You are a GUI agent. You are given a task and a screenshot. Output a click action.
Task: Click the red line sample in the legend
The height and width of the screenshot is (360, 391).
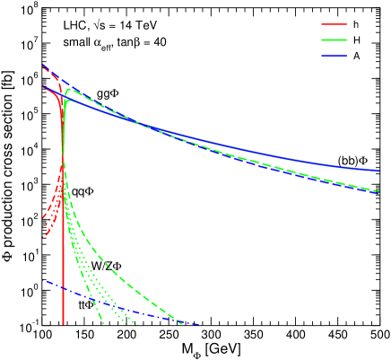(x=334, y=25)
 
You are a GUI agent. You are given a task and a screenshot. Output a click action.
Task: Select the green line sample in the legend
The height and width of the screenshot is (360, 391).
(x=334, y=40)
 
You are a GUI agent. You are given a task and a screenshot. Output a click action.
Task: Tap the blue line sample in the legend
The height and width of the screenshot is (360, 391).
(x=334, y=57)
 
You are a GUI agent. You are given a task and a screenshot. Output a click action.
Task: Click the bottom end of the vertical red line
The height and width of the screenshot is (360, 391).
(x=63, y=323)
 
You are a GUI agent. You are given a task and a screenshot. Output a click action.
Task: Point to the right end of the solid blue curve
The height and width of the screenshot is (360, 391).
(x=378, y=170)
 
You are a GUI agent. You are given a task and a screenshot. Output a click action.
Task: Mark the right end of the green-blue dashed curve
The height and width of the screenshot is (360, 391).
(x=378, y=191)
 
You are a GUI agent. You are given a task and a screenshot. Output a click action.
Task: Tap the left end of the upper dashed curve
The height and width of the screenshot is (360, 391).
(x=43, y=66)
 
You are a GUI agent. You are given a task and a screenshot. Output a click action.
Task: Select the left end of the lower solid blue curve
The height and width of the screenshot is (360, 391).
(x=43, y=88)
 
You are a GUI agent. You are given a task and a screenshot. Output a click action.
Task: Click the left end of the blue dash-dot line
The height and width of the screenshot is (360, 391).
(x=43, y=281)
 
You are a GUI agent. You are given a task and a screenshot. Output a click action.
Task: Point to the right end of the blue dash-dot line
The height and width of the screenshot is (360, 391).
(x=198, y=324)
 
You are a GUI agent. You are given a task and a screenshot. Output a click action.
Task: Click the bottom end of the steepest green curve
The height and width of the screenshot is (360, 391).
(x=103, y=323)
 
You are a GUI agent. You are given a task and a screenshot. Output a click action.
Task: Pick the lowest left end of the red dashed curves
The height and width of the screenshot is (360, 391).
(x=43, y=237)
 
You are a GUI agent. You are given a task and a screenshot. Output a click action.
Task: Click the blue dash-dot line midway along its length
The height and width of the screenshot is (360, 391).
(x=120, y=303)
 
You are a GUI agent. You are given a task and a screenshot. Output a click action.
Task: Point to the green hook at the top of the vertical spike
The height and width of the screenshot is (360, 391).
(x=67, y=90)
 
